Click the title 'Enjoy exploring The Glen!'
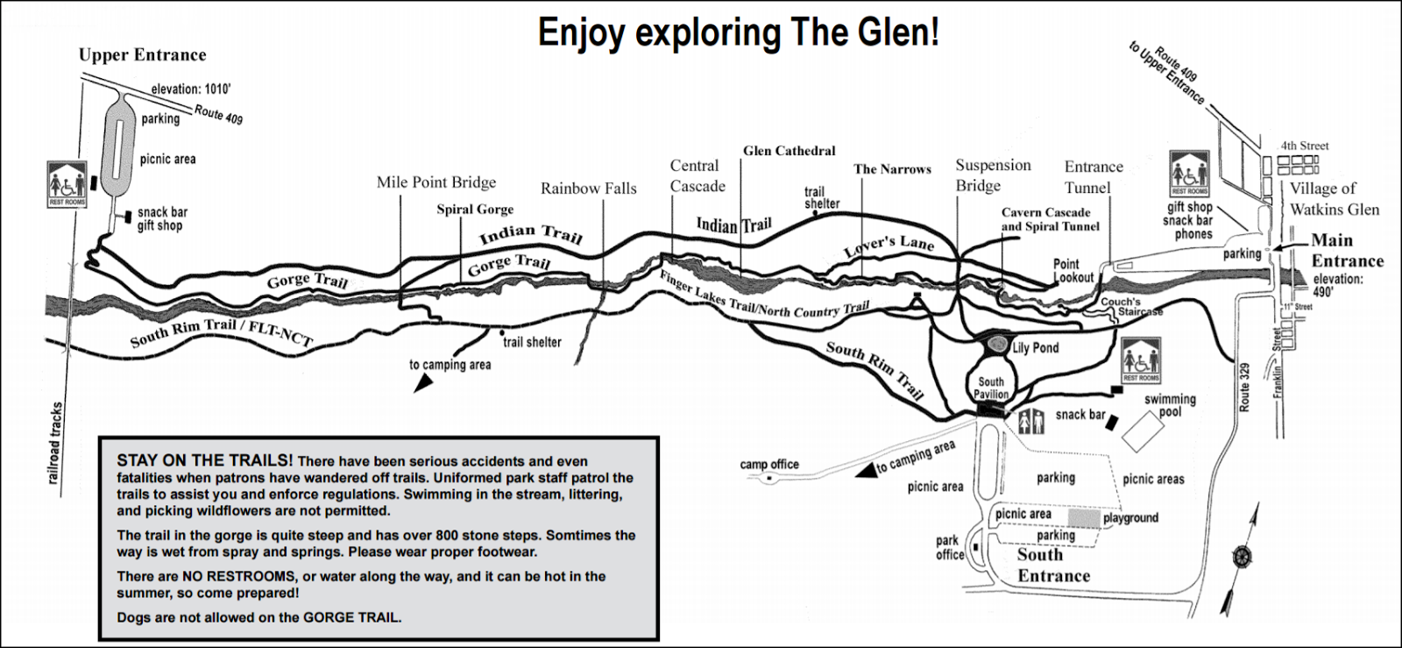[x=738, y=32]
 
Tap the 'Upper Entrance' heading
[x=142, y=55]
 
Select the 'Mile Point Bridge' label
[x=435, y=182]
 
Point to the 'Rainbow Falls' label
[x=588, y=189]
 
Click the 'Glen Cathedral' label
[x=789, y=151]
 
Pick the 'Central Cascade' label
[x=697, y=175]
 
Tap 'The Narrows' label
[x=892, y=169]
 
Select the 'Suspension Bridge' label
[x=992, y=175]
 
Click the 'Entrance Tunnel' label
[x=1093, y=176]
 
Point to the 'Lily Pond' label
[x=1035, y=348]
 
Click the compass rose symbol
[x=1240, y=556]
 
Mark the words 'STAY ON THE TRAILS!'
[x=205, y=460]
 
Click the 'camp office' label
[x=768, y=464]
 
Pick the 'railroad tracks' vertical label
[x=56, y=442]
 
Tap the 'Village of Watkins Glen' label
[x=1333, y=199]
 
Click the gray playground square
[x=1083, y=517]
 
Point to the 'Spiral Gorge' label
[x=475, y=210]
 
